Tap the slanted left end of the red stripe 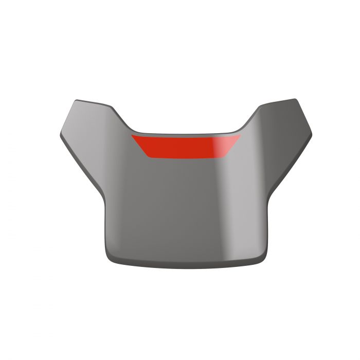(140, 145)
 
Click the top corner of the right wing (294, 100)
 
